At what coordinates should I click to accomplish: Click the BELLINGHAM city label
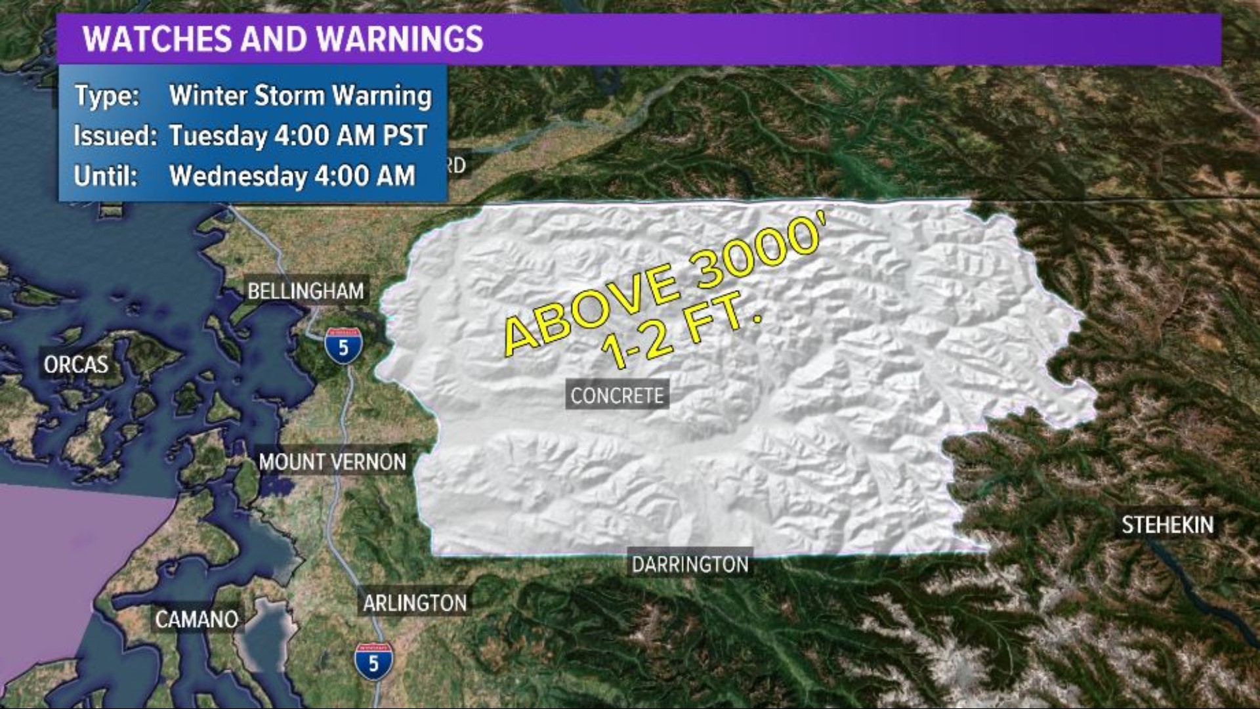(305, 291)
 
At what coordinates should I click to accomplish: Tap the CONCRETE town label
(617, 396)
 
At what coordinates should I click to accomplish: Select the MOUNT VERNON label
(332, 462)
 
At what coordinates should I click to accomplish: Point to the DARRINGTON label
(690, 565)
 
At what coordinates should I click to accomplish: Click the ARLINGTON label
(415, 603)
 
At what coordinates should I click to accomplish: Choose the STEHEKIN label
(1167, 525)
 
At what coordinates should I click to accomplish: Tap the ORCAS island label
(75, 364)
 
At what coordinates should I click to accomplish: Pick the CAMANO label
(196, 619)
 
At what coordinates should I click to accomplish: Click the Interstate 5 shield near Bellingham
(343, 345)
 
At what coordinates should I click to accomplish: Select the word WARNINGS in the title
(400, 39)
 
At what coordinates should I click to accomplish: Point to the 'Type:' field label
(106, 96)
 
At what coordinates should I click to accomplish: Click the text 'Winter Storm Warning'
(301, 96)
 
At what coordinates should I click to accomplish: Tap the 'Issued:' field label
(115, 136)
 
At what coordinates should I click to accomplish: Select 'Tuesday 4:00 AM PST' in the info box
(298, 136)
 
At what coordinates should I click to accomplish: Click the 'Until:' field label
(106, 176)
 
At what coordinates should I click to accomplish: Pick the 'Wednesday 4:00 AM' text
(292, 176)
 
